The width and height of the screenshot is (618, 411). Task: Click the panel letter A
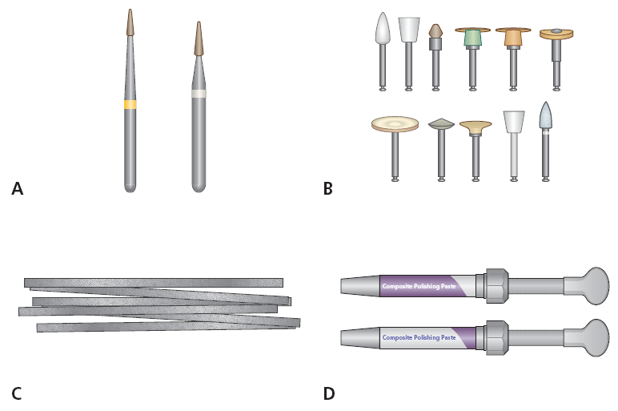[18, 188]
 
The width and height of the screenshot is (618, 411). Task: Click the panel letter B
[328, 188]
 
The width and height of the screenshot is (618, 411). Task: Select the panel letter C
[17, 393]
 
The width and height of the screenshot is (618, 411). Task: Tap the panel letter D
[329, 393]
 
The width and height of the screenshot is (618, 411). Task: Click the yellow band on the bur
[130, 104]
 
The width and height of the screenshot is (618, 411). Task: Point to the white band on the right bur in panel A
[199, 94]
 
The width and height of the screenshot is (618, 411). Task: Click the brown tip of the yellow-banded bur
[130, 23]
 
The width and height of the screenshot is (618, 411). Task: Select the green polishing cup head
[472, 38]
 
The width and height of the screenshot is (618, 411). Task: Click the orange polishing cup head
[513, 38]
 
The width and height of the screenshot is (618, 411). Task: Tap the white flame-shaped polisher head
[383, 28]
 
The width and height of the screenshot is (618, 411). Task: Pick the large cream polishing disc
[395, 124]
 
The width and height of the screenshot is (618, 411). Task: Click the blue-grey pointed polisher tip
[545, 116]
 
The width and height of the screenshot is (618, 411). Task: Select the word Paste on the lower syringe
[448, 337]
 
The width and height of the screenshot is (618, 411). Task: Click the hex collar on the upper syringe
[496, 285]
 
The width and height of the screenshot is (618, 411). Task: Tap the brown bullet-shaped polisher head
[435, 31]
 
